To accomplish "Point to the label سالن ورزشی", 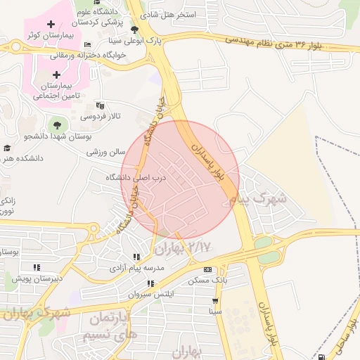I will click(105, 151).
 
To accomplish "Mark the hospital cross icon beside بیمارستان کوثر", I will click(51, 25).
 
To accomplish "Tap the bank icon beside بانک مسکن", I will click(207, 269).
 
